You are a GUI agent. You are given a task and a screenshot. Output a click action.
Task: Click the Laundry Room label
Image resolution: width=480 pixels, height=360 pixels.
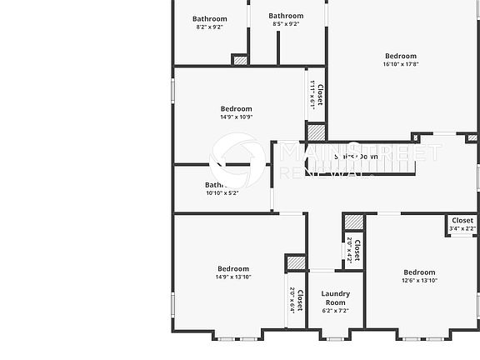pyautogui.click(x=335, y=297)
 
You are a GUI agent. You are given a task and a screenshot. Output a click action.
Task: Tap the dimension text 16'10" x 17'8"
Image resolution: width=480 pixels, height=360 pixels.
pyautogui.click(x=400, y=64)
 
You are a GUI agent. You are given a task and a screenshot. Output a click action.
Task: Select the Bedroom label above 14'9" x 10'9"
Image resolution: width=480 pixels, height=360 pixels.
pyautogui.click(x=236, y=108)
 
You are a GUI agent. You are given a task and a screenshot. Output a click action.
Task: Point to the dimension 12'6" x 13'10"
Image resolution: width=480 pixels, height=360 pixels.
pyautogui.click(x=419, y=281)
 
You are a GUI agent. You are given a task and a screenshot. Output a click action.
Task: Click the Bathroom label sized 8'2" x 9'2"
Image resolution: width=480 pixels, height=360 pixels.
pyautogui.click(x=209, y=18)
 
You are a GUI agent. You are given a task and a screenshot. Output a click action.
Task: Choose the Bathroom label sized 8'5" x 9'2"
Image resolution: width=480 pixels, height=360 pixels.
pyautogui.click(x=286, y=15)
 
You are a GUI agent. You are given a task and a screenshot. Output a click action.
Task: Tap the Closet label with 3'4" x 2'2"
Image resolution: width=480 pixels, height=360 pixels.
pyautogui.click(x=462, y=221)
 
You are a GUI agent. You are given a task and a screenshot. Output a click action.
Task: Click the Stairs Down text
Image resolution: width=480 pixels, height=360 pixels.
pyautogui.click(x=357, y=156)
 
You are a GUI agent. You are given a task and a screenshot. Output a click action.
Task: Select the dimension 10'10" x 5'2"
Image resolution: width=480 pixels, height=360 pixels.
pyautogui.click(x=222, y=193)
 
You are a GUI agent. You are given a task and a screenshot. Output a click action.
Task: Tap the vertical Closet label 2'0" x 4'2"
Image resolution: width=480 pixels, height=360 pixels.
pyautogui.click(x=357, y=251)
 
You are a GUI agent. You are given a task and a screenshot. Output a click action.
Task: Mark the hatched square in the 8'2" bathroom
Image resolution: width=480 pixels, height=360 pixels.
pyautogui.click(x=240, y=60)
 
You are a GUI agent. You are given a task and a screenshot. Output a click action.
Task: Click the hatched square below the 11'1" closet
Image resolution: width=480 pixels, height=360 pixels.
pyautogui.click(x=316, y=132)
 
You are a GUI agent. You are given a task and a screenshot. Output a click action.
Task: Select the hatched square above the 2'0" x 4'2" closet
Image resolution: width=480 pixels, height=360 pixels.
pyautogui.click(x=354, y=222)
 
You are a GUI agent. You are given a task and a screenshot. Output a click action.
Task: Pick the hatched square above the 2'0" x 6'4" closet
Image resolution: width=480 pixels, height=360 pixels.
pyautogui.click(x=296, y=262)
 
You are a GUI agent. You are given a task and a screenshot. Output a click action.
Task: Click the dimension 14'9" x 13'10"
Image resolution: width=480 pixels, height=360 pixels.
pyautogui.click(x=233, y=277)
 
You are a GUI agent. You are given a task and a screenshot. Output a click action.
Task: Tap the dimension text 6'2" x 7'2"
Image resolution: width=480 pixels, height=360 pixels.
pyautogui.click(x=335, y=311)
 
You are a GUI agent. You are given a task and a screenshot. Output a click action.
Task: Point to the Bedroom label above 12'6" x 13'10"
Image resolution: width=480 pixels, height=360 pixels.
pyautogui.click(x=419, y=272)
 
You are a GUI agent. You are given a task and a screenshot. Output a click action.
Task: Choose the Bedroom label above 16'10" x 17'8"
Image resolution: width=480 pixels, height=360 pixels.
pyautogui.click(x=400, y=56)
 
